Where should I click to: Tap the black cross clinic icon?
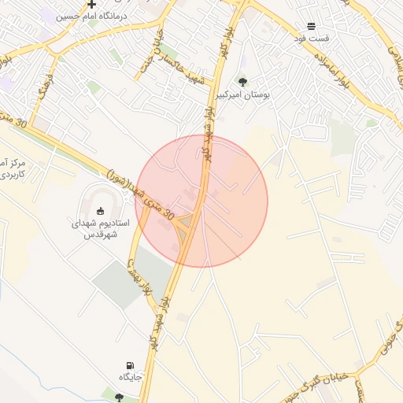point(92,4)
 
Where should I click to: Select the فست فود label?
point(311,38)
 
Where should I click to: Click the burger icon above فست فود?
point(311,26)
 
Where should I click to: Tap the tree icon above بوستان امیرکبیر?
point(242,81)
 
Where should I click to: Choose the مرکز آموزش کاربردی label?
point(14,167)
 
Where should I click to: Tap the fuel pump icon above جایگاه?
point(130,365)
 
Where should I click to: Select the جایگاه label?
point(130,378)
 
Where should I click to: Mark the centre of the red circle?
point(201,201)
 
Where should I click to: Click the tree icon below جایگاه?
point(118,397)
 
